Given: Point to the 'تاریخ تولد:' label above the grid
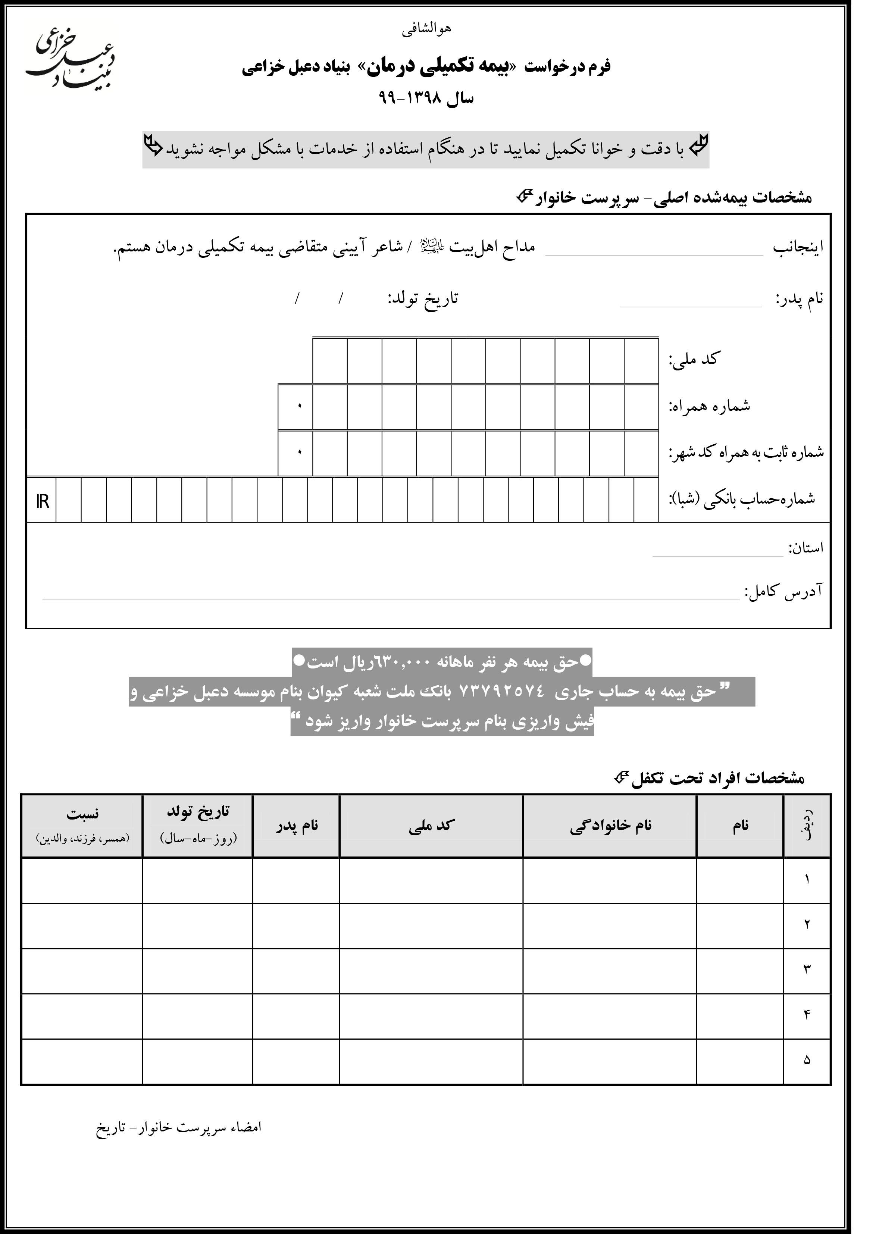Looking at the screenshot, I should pos(423,299).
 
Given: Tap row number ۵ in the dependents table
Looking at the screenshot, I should pos(807,1060).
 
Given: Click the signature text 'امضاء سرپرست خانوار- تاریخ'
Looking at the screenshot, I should pos(179,1127).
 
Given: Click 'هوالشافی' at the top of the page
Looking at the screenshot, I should pos(426,29).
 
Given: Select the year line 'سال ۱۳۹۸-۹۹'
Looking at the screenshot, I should pos(426,98).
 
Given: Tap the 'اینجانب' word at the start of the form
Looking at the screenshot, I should pos(798,248).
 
